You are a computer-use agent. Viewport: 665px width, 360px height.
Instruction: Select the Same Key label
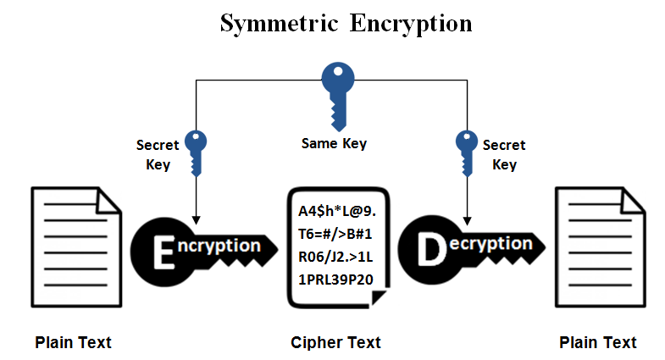point(334,144)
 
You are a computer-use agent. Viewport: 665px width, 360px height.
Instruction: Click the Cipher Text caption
point(335,342)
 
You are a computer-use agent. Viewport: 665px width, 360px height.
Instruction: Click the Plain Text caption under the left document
point(73,342)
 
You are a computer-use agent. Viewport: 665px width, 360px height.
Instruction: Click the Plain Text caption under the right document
point(598,342)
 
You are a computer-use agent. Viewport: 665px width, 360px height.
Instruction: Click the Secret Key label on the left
point(158,154)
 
